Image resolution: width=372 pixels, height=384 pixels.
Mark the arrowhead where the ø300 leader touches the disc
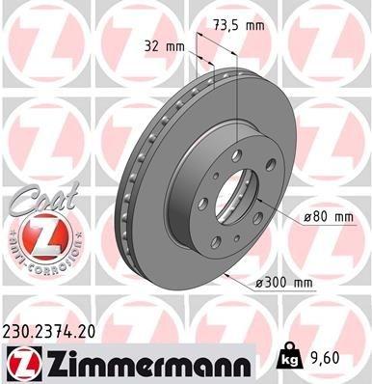(225, 273)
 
